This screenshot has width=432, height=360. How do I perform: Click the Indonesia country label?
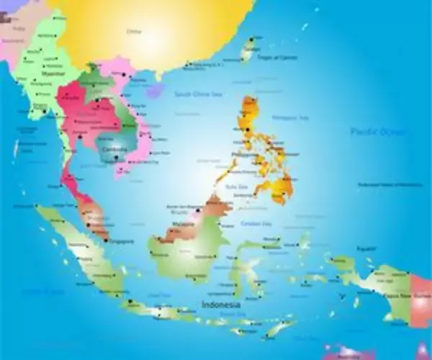pos(221,305)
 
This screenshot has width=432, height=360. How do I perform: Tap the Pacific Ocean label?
pos(378,132)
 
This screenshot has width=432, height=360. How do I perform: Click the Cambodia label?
pos(114,149)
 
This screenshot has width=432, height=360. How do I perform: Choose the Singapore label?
pos(119,242)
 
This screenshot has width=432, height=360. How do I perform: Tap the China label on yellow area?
pos(134,32)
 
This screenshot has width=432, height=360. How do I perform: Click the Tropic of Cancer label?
pos(276,57)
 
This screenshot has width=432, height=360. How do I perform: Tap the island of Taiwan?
pos(249,49)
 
